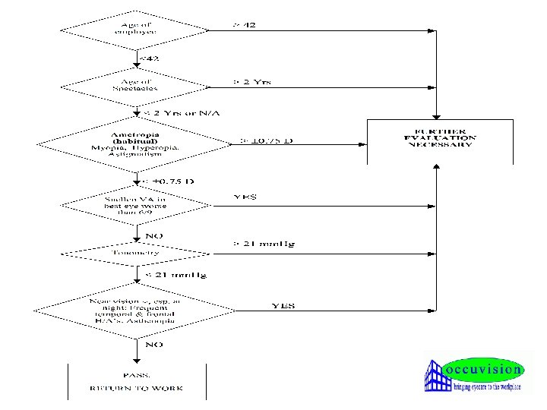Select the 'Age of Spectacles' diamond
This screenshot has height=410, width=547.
click(137, 84)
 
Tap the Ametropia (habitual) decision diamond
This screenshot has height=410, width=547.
click(137, 142)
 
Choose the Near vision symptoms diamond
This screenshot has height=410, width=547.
click(137, 311)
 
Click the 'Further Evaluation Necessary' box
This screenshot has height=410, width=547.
click(441, 140)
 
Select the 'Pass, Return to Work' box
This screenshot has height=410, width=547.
click(137, 382)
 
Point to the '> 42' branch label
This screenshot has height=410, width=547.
click(244, 25)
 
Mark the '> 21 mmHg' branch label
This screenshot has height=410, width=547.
click(264, 244)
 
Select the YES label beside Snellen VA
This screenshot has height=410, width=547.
click(244, 197)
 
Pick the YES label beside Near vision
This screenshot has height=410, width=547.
click(283, 305)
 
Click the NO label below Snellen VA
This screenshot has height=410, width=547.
click(154, 235)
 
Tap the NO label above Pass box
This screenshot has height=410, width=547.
click(154, 345)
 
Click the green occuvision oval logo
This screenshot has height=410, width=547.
click(483, 370)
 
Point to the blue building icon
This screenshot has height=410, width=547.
click(438, 376)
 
